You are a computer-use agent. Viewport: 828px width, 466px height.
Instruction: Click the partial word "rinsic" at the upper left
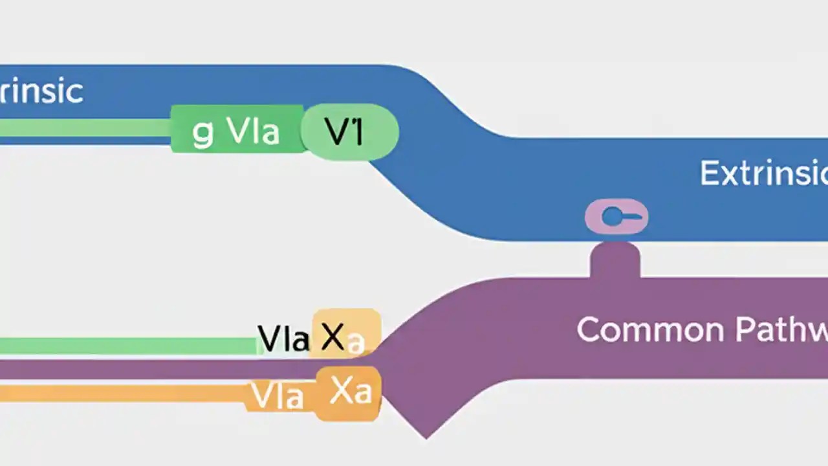[41, 91]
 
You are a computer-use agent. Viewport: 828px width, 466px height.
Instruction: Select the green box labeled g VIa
[237, 130]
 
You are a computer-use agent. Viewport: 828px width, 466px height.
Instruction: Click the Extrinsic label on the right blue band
[763, 173]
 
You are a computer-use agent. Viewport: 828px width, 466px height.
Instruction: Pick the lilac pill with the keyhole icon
[616, 217]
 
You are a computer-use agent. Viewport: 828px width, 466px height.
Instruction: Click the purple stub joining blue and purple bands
[615, 260]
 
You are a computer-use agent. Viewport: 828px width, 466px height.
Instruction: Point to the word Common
[649, 329]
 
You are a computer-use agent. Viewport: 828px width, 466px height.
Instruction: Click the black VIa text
[283, 338]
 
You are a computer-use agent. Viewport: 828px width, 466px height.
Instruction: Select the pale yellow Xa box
[347, 333]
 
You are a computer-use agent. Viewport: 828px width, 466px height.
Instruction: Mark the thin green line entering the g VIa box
[84, 128]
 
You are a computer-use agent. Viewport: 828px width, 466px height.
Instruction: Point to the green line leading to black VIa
[129, 346]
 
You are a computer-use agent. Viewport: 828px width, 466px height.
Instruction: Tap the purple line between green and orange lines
[129, 370]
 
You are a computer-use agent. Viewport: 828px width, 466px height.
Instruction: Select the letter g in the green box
[202, 133]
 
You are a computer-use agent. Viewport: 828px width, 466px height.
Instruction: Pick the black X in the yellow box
[332, 337]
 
